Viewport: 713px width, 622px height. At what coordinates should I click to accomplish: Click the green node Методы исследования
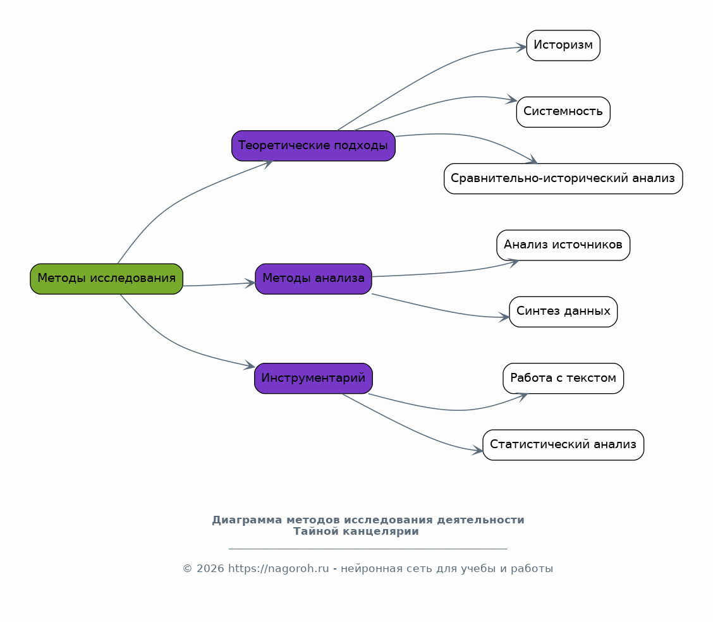click(x=106, y=279)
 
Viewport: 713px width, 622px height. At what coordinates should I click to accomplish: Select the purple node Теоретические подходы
click(x=314, y=145)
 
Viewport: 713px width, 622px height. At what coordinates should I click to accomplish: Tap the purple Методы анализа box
click(x=314, y=279)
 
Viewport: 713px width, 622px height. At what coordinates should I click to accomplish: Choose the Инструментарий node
click(x=314, y=378)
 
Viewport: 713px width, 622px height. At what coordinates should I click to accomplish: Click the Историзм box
click(x=563, y=46)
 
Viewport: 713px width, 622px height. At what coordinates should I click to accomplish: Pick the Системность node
click(x=563, y=112)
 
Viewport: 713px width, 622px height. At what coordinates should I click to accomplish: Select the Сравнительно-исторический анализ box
click(x=563, y=179)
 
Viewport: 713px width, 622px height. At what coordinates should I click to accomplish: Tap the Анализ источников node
click(x=563, y=245)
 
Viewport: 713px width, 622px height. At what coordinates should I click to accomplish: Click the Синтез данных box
click(x=563, y=312)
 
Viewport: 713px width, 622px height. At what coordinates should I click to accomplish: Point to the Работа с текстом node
click(x=563, y=378)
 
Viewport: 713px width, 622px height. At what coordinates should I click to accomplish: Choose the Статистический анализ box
click(x=563, y=444)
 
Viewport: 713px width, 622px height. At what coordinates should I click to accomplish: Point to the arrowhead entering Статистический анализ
click(x=478, y=450)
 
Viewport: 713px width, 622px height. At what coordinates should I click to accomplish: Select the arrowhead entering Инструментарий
click(x=250, y=365)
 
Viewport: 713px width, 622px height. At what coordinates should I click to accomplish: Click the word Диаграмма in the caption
click(x=247, y=520)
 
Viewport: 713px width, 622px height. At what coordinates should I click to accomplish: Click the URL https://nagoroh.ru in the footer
click(x=278, y=569)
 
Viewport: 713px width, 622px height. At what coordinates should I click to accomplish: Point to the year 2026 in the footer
click(x=210, y=569)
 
